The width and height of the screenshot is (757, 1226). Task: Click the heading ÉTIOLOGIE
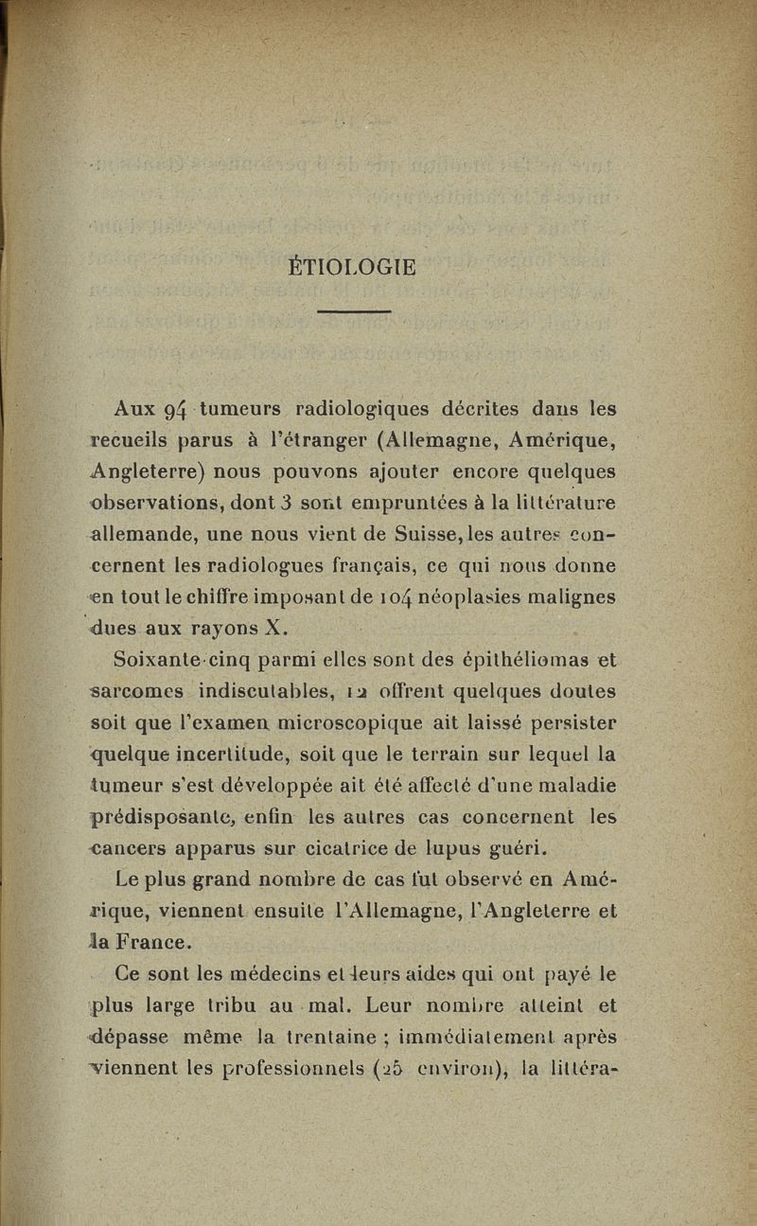(351, 268)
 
